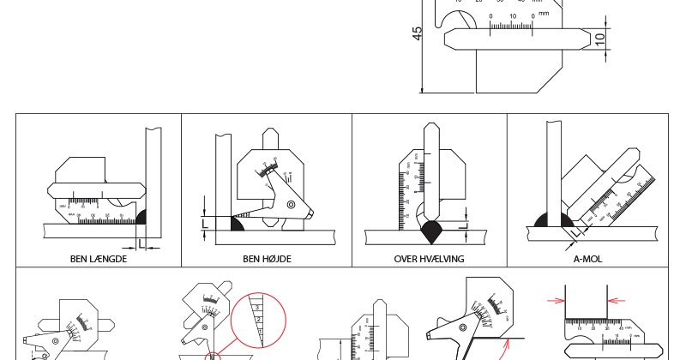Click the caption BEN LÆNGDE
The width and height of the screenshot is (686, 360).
click(x=99, y=258)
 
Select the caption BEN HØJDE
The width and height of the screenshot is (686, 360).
click(x=267, y=258)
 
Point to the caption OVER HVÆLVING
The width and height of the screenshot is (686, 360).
click(x=429, y=258)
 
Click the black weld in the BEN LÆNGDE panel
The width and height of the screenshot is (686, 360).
click(x=142, y=218)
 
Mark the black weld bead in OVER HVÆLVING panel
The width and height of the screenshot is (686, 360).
click(x=430, y=227)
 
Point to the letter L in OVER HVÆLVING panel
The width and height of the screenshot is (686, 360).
click(x=464, y=225)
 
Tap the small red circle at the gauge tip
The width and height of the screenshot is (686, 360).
click(x=211, y=355)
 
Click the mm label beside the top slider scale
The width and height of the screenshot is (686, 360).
click(x=544, y=15)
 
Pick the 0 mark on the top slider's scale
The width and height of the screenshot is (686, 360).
click(x=490, y=16)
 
